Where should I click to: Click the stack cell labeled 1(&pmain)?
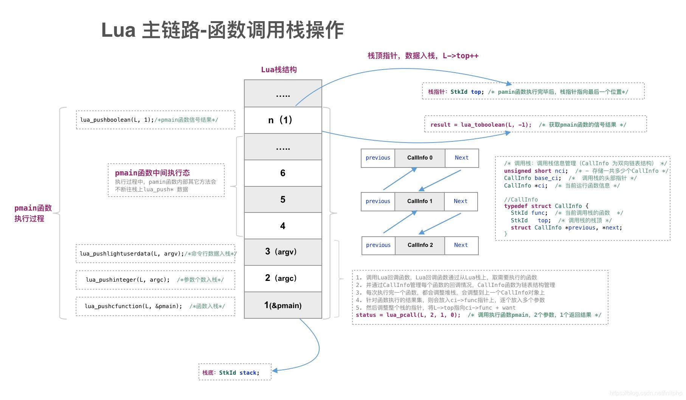pyautogui.click(x=283, y=305)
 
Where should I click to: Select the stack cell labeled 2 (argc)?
pyautogui.click(x=283, y=278)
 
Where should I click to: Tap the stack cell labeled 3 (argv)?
pyautogui.click(x=283, y=252)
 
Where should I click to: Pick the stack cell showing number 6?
pyautogui.click(x=283, y=173)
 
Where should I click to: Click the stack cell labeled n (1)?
pyautogui.click(x=283, y=120)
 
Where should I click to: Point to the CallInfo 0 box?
pyautogui.click(x=420, y=158)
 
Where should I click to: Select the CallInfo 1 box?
pyautogui.click(x=419, y=202)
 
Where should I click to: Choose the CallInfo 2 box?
pyautogui.click(x=420, y=245)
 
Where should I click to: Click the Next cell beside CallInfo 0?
pyautogui.click(x=461, y=158)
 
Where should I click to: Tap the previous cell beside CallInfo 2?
pyautogui.click(x=378, y=245)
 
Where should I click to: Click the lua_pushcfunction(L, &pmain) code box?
pyautogui.click(x=155, y=306)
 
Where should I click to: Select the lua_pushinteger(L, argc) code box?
pyautogui.click(x=155, y=280)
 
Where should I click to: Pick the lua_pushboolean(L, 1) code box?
pyautogui.click(x=155, y=120)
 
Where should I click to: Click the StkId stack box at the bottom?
pyautogui.click(x=235, y=372)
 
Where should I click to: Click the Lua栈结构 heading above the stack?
pyautogui.click(x=279, y=70)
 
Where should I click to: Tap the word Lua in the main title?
pyautogui.click(x=118, y=30)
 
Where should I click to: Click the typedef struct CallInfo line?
pyautogui.click(x=546, y=206)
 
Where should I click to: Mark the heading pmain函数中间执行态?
pyautogui.click(x=152, y=173)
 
